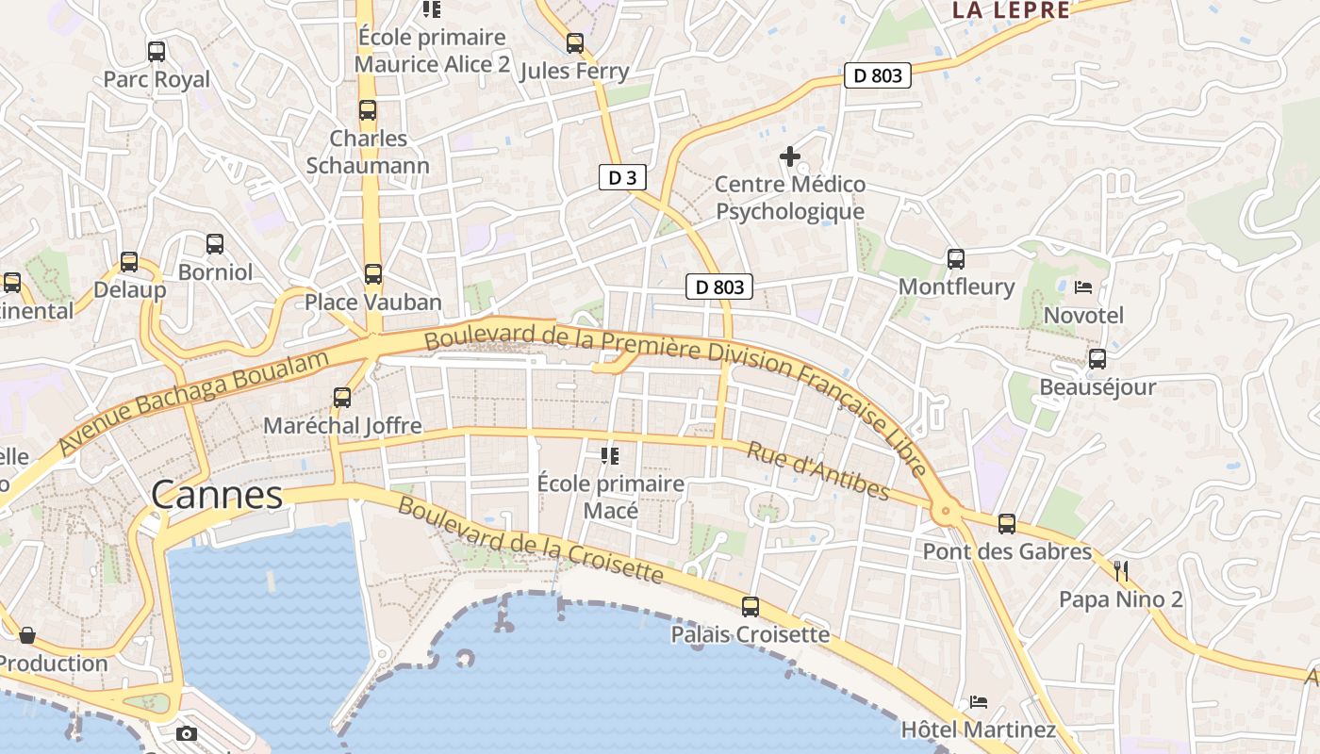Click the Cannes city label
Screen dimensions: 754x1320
[x=217, y=495]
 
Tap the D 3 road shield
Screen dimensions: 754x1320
[x=622, y=177]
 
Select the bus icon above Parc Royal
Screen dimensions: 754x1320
[x=157, y=52]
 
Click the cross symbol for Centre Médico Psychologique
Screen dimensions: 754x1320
[x=790, y=156]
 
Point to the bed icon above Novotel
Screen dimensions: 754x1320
[x=1083, y=287]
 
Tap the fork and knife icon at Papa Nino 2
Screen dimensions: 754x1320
[x=1121, y=571]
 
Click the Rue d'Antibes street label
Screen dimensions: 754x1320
[x=817, y=470]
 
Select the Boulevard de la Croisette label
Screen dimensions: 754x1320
[x=531, y=538]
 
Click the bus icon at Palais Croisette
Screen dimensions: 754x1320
[x=751, y=607]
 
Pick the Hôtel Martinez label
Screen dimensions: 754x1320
[x=979, y=729]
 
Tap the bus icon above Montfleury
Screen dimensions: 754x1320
[x=956, y=258]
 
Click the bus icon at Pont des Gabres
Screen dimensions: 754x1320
[x=1007, y=524]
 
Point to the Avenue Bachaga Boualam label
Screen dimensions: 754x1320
[x=193, y=402]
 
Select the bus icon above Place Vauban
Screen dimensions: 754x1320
[x=373, y=274]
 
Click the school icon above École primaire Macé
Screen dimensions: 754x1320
[x=610, y=456]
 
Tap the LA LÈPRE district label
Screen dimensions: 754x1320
[x=1011, y=10]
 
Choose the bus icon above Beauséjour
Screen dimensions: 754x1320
[x=1097, y=359]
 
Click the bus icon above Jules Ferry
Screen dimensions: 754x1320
[x=575, y=43]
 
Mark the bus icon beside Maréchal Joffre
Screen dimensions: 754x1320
[x=342, y=398]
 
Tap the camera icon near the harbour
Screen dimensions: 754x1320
[x=187, y=733]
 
